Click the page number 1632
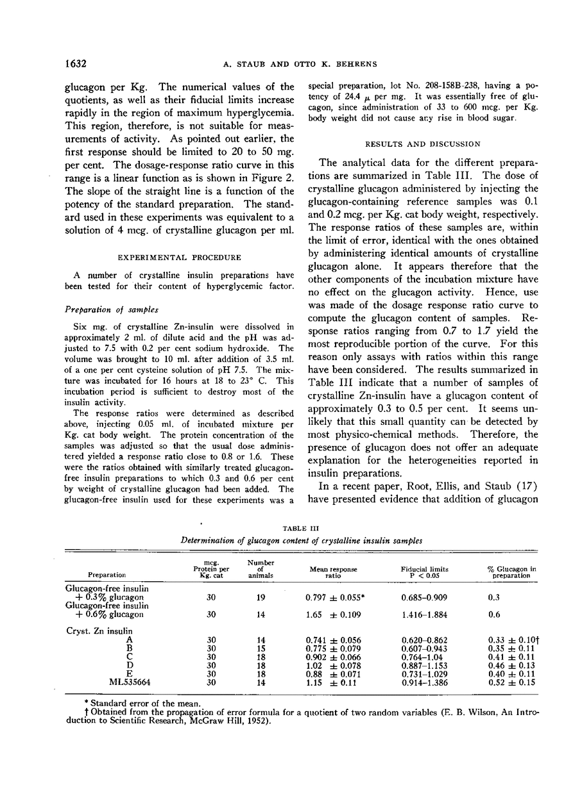coord(76,63)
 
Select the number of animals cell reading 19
coord(260,597)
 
